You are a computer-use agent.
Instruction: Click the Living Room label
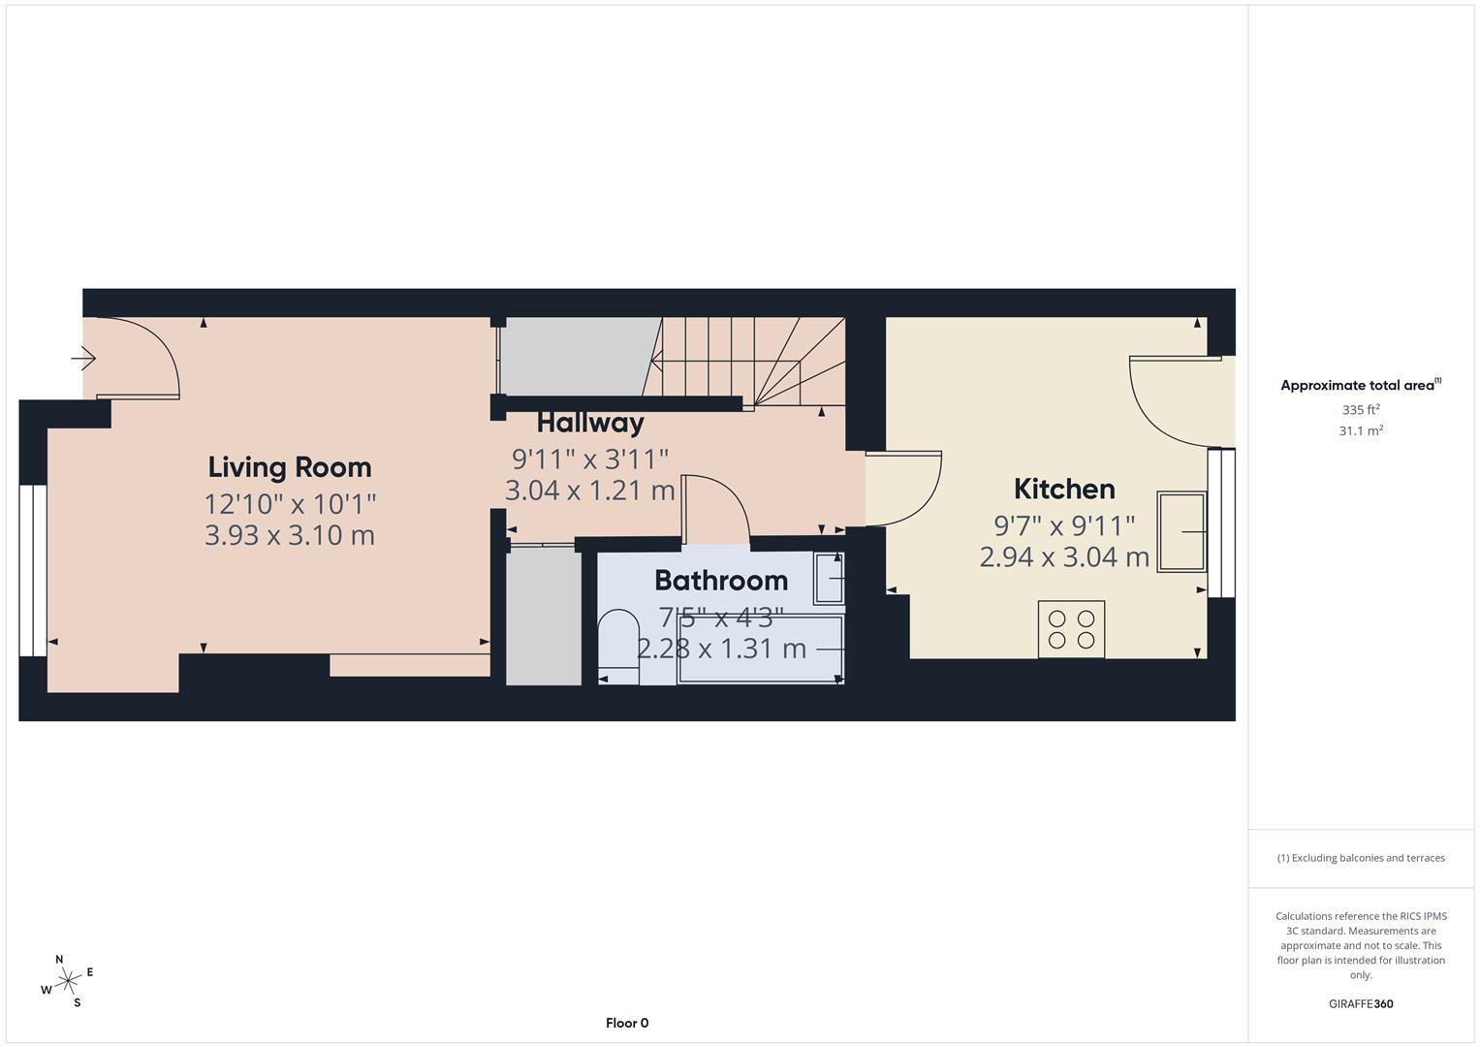[290, 467]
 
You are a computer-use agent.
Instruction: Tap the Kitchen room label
[1064, 489]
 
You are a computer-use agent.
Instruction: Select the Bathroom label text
[721, 581]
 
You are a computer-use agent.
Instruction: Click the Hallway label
[590, 423]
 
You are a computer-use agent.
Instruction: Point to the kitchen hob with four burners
[1071, 629]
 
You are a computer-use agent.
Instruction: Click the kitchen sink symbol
[1181, 531]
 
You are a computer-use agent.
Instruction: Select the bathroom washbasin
[829, 579]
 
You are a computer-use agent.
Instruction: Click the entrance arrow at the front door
[83, 360]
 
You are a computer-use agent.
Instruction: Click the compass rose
[67, 981]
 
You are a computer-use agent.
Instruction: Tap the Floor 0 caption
[627, 1023]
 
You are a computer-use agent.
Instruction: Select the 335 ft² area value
[1361, 410]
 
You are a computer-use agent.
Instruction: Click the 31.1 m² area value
[1361, 431]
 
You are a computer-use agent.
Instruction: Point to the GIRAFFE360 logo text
[1361, 1003]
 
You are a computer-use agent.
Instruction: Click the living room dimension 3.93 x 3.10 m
[290, 535]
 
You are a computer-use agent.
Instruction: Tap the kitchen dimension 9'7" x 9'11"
[1064, 525]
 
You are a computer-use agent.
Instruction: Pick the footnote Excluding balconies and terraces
[1361, 858]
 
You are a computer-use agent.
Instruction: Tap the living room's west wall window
[32, 570]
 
